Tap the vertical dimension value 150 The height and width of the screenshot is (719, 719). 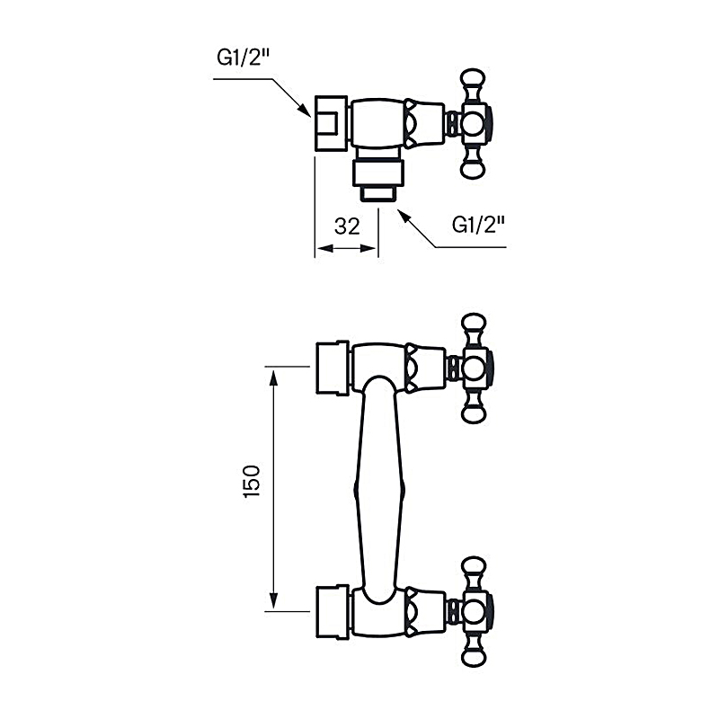point(253,483)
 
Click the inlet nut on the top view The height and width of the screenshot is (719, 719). point(330,122)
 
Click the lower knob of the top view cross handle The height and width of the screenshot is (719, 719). point(474,165)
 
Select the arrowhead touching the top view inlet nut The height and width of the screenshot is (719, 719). point(306,111)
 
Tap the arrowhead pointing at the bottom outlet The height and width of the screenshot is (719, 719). point(403,216)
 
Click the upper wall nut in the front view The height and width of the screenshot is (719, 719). point(332,367)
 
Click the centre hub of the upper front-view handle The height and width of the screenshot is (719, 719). point(474,367)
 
